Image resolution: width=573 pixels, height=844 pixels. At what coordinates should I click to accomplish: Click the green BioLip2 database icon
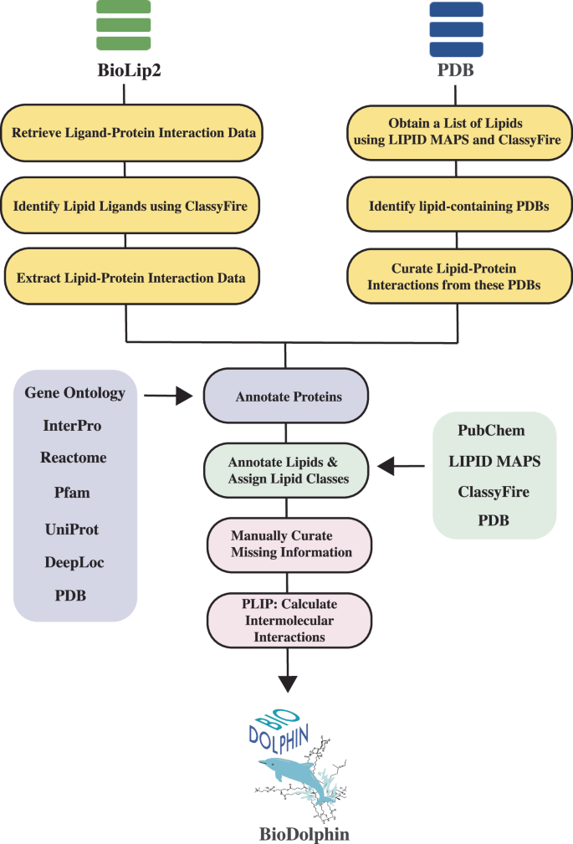124,26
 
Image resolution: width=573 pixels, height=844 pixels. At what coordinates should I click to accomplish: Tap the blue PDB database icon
456,26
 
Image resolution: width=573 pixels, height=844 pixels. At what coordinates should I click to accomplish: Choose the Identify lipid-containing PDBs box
458,205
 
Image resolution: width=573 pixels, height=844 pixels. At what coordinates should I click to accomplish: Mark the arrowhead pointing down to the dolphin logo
288,683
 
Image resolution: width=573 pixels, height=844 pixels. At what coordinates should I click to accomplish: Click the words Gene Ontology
75,392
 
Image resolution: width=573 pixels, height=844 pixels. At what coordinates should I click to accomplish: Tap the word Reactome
74,458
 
